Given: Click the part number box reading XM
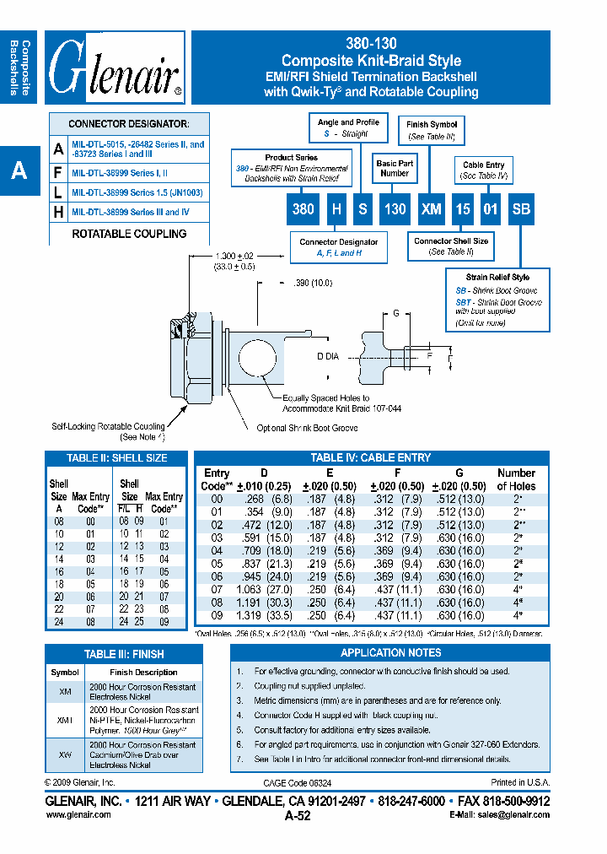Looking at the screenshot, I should pyautogui.click(x=432, y=208).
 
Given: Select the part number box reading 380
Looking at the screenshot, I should pyautogui.click(x=303, y=208).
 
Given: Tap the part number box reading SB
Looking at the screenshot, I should pyautogui.click(x=521, y=208).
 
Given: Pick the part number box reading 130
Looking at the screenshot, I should pyautogui.click(x=395, y=208).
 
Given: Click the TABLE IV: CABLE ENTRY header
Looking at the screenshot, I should pyautogui.click(x=371, y=457).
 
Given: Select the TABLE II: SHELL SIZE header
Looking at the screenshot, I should pyautogui.click(x=116, y=457).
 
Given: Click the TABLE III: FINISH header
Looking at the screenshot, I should pyautogui.click(x=124, y=654).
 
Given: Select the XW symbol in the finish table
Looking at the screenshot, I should pyautogui.click(x=65, y=754).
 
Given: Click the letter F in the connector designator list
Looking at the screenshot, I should pyautogui.click(x=58, y=172).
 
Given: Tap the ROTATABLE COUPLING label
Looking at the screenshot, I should pyautogui.click(x=129, y=234).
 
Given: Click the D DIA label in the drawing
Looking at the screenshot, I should pyautogui.click(x=328, y=357).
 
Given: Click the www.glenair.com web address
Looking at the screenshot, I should pyautogui.click(x=78, y=815).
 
